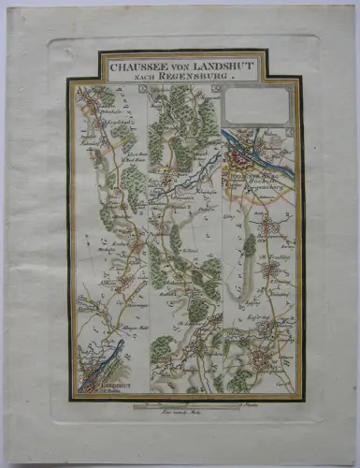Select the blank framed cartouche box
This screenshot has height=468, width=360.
[x=257, y=107]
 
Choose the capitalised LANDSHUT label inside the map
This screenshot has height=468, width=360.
[x=94, y=383]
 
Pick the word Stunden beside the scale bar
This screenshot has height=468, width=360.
[x=249, y=404]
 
